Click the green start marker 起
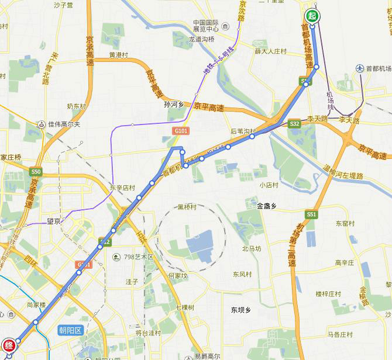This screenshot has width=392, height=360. (312, 16)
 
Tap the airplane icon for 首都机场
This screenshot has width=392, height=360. (359, 68)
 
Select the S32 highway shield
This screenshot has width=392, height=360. (295, 123)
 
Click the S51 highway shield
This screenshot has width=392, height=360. (311, 214)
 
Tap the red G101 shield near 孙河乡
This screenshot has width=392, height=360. (179, 130)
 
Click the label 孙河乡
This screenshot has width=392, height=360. (174, 105)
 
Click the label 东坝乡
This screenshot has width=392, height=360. (240, 310)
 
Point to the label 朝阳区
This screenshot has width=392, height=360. (72, 330)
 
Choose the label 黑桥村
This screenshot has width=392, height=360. (187, 207)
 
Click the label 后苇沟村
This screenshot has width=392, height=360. (243, 131)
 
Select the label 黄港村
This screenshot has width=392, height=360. (118, 56)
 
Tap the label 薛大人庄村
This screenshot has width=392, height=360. (270, 51)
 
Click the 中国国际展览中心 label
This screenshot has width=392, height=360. (206, 26)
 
